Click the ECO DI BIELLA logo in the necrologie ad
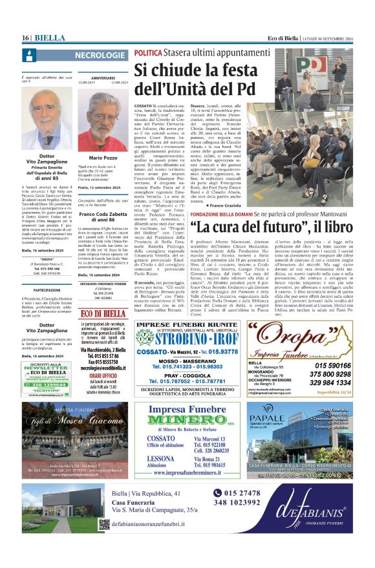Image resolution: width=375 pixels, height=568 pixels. pyautogui.click(x=103, y=313)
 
